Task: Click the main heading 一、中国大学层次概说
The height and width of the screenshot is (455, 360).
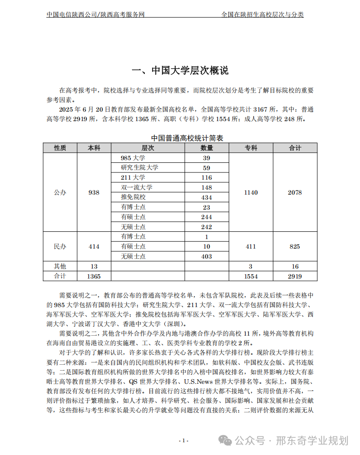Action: [180, 70]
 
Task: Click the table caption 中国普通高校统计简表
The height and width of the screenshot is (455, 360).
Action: [180, 138]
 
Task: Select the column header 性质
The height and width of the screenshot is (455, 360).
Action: [60, 148]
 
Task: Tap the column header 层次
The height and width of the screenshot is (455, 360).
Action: [148, 148]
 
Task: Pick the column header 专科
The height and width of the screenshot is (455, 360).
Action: [251, 148]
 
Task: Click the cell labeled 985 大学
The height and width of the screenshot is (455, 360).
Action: [133, 158]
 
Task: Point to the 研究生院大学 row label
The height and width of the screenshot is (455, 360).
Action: [140, 168]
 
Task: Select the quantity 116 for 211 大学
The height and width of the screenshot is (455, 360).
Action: [207, 178]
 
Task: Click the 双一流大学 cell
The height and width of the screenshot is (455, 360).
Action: [137, 187]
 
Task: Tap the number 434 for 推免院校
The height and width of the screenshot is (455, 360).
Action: [207, 197]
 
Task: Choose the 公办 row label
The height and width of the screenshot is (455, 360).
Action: [60, 192]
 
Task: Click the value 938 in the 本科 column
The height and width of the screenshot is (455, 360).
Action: [94, 192]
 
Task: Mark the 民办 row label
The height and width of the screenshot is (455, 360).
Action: [60, 246]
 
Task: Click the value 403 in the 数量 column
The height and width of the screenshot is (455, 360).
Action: [207, 256]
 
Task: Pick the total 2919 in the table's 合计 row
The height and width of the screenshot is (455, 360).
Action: [295, 276]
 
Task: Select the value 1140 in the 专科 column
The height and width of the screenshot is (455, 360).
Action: [251, 192]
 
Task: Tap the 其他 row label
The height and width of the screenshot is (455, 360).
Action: [60, 266]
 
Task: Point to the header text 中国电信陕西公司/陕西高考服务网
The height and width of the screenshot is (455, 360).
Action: [95, 15]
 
